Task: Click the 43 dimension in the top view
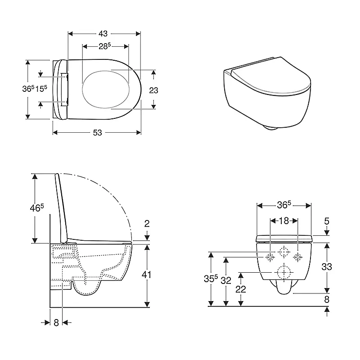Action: (x=103, y=34)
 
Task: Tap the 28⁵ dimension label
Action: (x=105, y=46)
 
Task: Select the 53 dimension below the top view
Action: (x=97, y=132)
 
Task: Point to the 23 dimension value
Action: (x=153, y=90)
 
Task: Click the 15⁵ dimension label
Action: (x=41, y=88)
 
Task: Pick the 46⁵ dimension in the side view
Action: (x=37, y=208)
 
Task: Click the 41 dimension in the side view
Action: (x=146, y=274)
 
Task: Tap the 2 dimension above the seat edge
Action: (x=147, y=223)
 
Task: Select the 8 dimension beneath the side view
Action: (x=56, y=323)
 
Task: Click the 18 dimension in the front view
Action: (x=284, y=221)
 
